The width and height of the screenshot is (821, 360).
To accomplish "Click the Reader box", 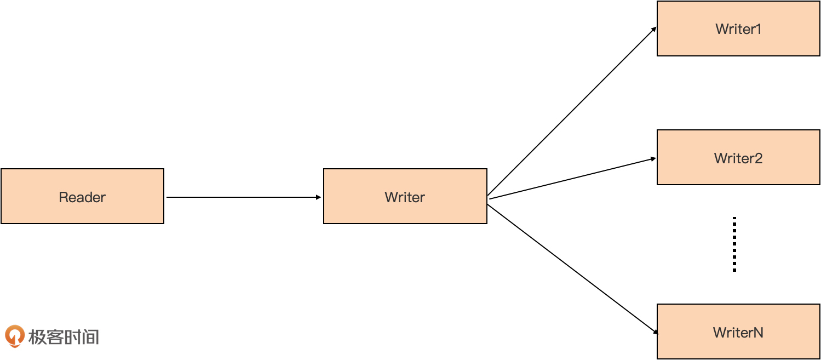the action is pyautogui.click(x=83, y=196).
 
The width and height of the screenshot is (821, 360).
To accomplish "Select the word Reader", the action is pyautogui.click(x=83, y=197).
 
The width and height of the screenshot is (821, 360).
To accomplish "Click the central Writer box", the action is pyautogui.click(x=405, y=196).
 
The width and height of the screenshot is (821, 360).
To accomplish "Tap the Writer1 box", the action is pyautogui.click(x=738, y=28).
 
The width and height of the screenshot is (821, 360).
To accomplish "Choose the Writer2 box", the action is pyautogui.click(x=738, y=157).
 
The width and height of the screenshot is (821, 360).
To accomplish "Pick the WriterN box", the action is pyautogui.click(x=738, y=332).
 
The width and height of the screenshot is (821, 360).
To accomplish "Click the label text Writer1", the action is pyautogui.click(x=738, y=29).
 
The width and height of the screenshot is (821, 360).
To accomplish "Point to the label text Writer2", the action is pyautogui.click(x=738, y=158).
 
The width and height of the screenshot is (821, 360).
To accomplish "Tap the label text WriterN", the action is pyautogui.click(x=738, y=333).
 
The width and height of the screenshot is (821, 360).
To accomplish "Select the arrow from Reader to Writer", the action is pyautogui.click(x=244, y=197).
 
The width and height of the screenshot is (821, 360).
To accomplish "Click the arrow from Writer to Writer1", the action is pyautogui.click(x=572, y=111).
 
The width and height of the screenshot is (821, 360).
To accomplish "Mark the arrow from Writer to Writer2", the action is pyautogui.click(x=573, y=179).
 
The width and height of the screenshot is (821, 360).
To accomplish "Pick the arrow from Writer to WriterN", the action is pyautogui.click(x=573, y=270).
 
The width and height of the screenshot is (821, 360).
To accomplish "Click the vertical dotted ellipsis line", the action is pyautogui.click(x=734, y=244).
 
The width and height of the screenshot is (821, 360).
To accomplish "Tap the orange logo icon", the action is pyautogui.click(x=15, y=336).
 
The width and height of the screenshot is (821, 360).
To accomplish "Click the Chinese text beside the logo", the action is pyautogui.click(x=64, y=337).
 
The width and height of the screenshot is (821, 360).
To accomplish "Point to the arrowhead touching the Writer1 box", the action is pyautogui.click(x=654, y=29).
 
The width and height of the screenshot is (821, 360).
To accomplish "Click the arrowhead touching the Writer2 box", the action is pyautogui.click(x=653, y=159).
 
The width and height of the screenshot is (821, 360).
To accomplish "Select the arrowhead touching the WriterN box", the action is pyautogui.click(x=656, y=332).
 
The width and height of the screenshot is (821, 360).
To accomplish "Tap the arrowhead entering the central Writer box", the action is pyautogui.click(x=319, y=197).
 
